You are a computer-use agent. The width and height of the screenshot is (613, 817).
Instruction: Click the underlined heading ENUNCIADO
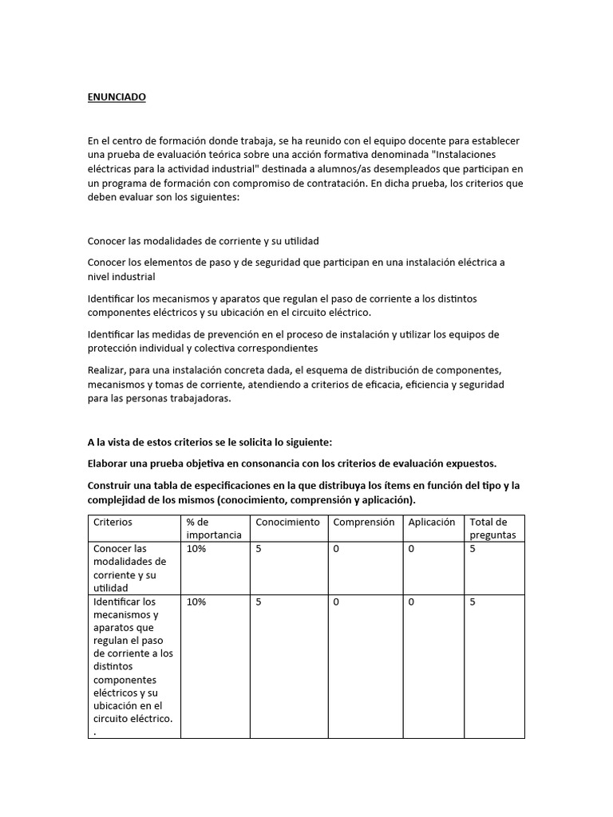pyautogui.click(x=117, y=97)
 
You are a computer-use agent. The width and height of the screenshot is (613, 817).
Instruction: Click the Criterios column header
pyautogui.click(x=113, y=523)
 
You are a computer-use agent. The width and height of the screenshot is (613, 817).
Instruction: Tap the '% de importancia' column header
pyautogui.click(x=213, y=528)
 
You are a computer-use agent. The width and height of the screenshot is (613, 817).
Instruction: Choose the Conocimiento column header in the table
pyautogui.click(x=287, y=523)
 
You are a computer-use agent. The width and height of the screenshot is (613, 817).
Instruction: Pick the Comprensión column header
pyautogui.click(x=363, y=523)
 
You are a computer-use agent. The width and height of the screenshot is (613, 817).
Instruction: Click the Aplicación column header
pyautogui.click(x=432, y=523)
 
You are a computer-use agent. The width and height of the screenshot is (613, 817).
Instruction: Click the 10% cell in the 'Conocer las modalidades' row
pyautogui.click(x=196, y=550)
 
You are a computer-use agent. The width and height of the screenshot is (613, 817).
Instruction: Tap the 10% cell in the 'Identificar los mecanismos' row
pyautogui.click(x=196, y=602)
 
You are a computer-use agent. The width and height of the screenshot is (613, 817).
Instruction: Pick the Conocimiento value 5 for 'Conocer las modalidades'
pyautogui.click(x=259, y=550)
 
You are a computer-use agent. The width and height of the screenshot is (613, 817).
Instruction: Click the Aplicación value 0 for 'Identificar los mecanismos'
pyautogui.click(x=411, y=602)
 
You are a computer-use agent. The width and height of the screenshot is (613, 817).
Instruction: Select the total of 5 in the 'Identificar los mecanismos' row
pyautogui.click(x=473, y=602)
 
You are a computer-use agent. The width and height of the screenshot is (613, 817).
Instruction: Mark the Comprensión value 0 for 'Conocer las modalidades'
pyautogui.click(x=336, y=550)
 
